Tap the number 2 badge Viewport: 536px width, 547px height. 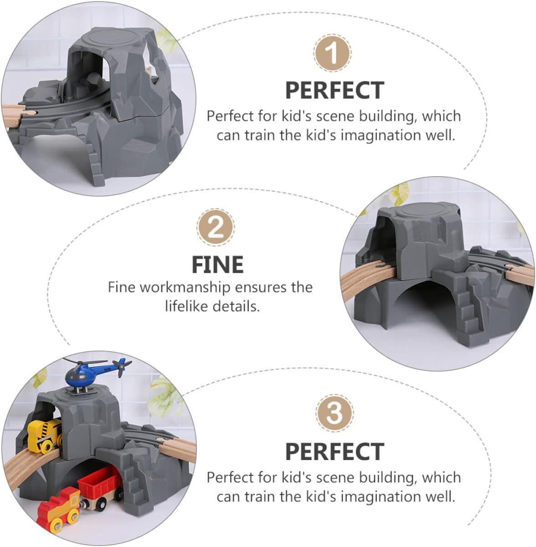click(216, 228)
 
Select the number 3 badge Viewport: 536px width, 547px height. click(335, 413)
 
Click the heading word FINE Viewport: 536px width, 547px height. click(218, 265)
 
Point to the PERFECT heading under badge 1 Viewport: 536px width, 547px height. click(335, 90)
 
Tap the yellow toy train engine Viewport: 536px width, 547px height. click(45, 435)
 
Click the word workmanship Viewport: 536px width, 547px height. click(185, 287)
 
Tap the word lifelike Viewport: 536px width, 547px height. click(186, 306)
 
